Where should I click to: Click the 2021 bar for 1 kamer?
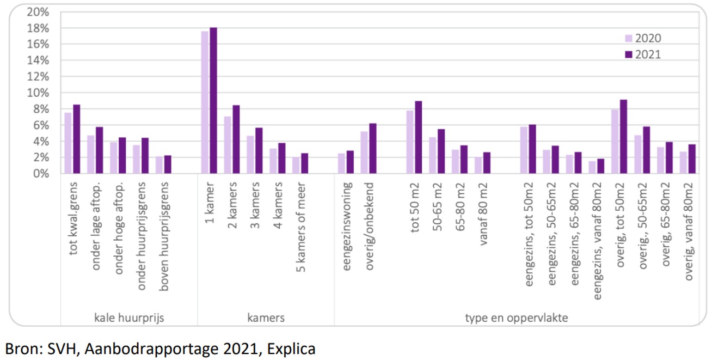(x=213, y=101)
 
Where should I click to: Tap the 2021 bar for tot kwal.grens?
(x=76, y=139)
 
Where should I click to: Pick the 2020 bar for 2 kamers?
(x=228, y=145)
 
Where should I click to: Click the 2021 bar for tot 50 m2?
(x=418, y=137)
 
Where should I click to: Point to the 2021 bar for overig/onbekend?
(x=372, y=149)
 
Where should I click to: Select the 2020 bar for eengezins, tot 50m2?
(x=524, y=150)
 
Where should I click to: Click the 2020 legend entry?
(x=642, y=38)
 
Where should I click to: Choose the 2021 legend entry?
(x=642, y=54)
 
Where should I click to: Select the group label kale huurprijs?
(x=128, y=318)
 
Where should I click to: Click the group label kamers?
(x=266, y=318)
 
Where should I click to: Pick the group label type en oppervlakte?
(x=517, y=318)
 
